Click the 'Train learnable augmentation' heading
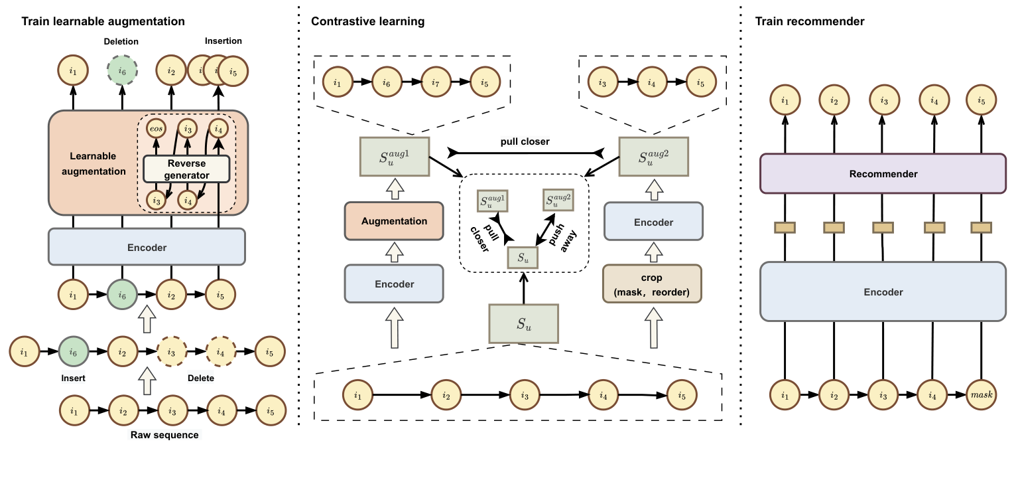pos(103,22)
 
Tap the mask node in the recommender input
pos(981,395)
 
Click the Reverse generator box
pos(186,169)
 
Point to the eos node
pos(157,129)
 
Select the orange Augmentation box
pos(393,221)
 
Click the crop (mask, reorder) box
pos(653,284)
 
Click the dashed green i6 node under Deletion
pos(122,70)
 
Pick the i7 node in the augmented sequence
pos(436,83)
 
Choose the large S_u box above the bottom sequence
pos(523,324)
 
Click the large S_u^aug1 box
pos(394,157)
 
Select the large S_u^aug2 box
pos(653,157)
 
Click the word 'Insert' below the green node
pos(72,378)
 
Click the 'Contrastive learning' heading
pos(368,22)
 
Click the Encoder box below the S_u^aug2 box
pos(653,222)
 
